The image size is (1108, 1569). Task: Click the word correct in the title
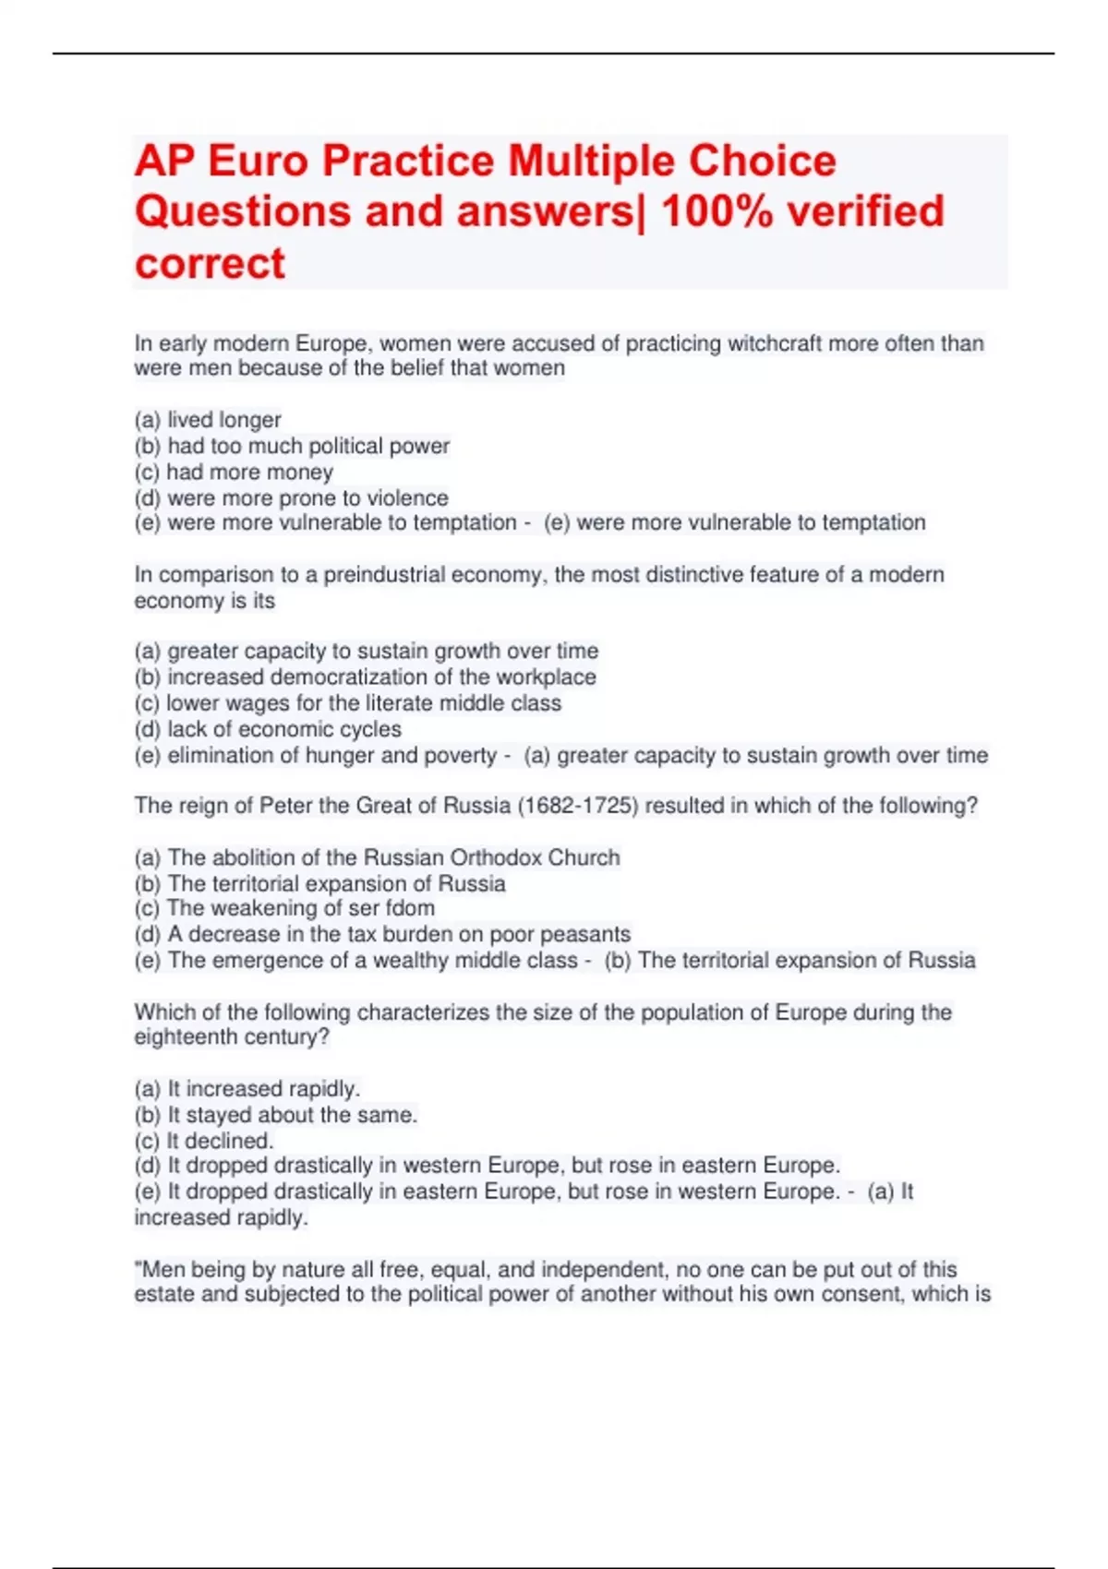[x=210, y=263]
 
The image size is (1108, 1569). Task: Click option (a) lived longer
[x=208, y=420]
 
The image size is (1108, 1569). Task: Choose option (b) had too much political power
[x=292, y=446]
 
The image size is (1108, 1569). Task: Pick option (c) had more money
[x=234, y=472]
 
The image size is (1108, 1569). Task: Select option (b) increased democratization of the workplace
[x=365, y=677]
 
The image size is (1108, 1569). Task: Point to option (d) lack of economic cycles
[x=268, y=729]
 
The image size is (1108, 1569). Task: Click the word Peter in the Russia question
[x=285, y=806]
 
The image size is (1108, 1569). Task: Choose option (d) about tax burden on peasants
[x=382, y=934]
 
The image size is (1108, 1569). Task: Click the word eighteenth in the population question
[x=181, y=1037]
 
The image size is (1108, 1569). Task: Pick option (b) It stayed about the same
[x=276, y=1115]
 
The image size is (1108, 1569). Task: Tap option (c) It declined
[x=204, y=1141]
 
